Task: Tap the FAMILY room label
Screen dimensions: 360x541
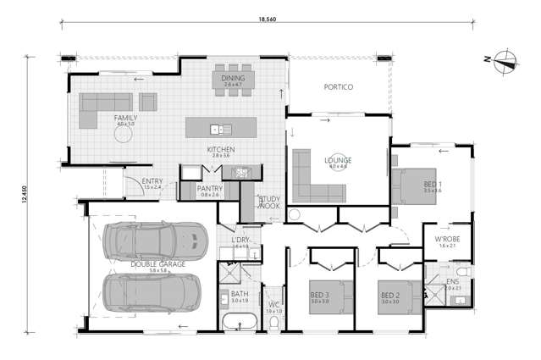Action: coord(125,118)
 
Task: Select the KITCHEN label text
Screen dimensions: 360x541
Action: coord(221,150)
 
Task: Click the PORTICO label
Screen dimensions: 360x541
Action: coord(338,87)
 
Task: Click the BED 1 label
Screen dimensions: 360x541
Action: coord(432,183)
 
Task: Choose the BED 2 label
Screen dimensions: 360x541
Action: coord(389,295)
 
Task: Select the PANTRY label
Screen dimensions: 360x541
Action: coord(208,188)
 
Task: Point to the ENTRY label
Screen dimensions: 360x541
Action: coord(152,180)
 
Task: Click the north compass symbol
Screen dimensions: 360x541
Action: coord(506,59)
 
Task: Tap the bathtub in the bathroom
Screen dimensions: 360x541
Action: coord(240,323)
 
